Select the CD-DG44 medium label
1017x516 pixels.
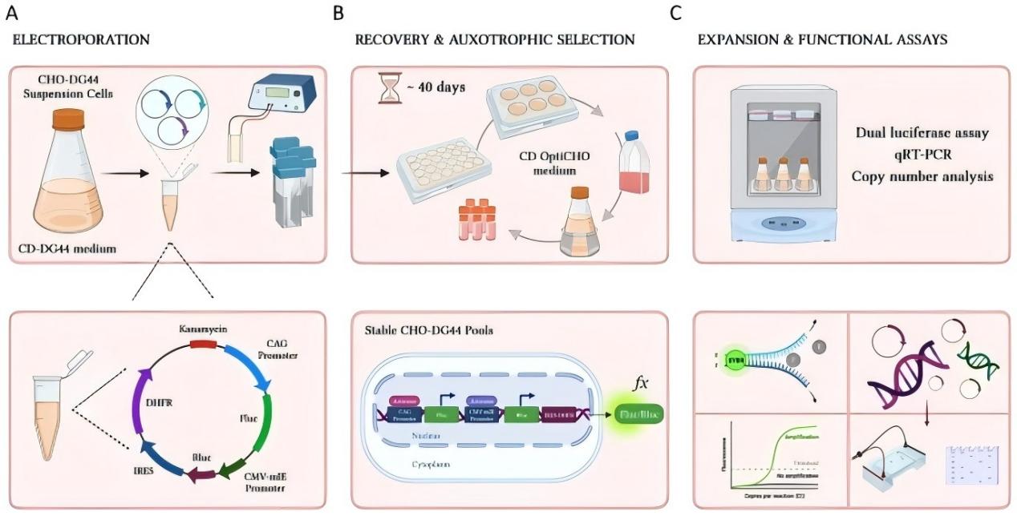coord(68,248)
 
